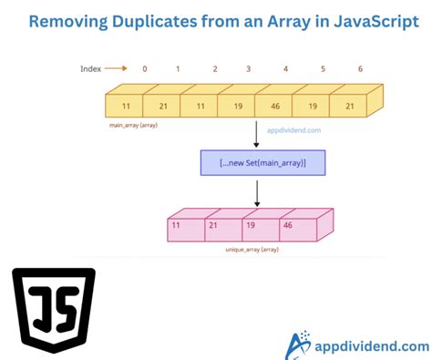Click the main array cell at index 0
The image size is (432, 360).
coord(127,107)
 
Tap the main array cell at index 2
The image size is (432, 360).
coord(200,107)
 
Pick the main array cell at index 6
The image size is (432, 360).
coord(349,107)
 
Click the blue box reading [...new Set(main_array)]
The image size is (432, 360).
coord(262,162)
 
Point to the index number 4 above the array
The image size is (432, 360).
coord(286,68)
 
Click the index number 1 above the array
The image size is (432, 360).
coord(179,68)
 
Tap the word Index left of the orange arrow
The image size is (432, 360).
coord(88,67)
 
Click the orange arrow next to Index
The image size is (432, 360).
coord(116,67)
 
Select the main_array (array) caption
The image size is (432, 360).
coord(132,125)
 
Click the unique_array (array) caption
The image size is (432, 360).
coord(252,248)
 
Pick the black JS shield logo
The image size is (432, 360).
coord(55,311)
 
